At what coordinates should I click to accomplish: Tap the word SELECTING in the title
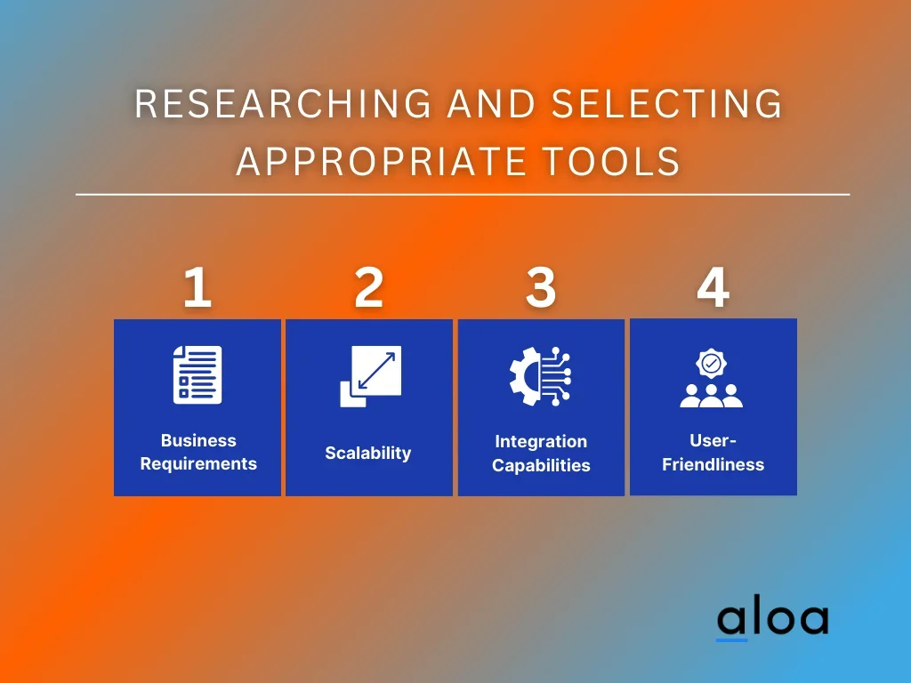(x=667, y=104)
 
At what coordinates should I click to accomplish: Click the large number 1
(x=198, y=287)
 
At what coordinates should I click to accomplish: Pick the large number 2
(x=369, y=287)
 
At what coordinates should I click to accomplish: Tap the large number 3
(x=541, y=287)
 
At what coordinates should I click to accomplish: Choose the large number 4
(x=713, y=287)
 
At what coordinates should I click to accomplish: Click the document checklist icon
(x=198, y=374)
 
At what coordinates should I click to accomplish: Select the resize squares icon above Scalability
(x=371, y=376)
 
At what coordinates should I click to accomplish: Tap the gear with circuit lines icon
(x=540, y=376)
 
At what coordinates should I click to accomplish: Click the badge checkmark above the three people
(x=711, y=364)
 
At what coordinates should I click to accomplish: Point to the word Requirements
(x=198, y=463)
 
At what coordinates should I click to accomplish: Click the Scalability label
(x=368, y=453)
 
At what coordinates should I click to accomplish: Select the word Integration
(x=541, y=442)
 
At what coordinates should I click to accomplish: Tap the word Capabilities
(x=541, y=465)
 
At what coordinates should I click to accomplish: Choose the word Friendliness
(x=713, y=464)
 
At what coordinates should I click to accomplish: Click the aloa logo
(x=773, y=620)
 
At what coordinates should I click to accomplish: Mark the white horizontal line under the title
(x=463, y=195)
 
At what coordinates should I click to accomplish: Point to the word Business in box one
(x=198, y=440)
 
